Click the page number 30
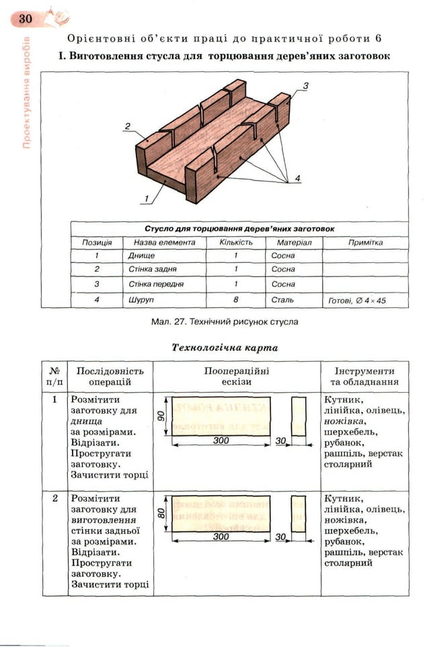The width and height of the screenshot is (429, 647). click(25, 18)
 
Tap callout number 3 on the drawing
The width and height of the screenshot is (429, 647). click(305, 85)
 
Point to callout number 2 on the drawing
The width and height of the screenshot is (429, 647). click(126, 126)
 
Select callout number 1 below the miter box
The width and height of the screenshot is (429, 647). click(145, 198)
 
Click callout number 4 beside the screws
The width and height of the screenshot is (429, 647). click(297, 178)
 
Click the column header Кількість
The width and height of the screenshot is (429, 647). click(236, 242)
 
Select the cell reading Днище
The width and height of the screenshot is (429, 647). click(141, 256)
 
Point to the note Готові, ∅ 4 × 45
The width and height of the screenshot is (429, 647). click(356, 301)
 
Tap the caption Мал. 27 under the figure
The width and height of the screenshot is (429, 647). click(225, 321)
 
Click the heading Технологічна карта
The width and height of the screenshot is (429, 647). click(225, 348)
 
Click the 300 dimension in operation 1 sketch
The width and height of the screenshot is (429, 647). click(221, 441)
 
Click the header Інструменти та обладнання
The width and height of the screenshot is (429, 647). click(365, 376)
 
